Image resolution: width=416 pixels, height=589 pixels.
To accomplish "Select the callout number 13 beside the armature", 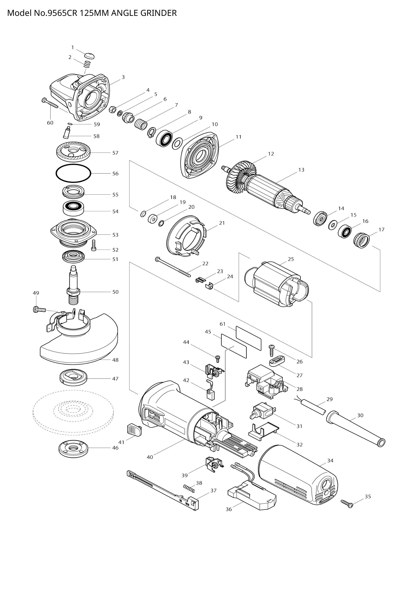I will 301,170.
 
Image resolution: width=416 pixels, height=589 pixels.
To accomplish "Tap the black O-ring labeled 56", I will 73,174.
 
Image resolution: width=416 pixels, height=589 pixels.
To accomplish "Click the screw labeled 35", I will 347,504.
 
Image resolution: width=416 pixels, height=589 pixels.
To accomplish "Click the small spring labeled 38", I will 189,488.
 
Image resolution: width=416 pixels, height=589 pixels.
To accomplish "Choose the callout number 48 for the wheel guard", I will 115,360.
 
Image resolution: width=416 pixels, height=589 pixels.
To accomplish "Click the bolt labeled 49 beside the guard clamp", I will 39,310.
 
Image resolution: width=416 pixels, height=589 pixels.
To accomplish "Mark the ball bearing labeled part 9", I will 164,138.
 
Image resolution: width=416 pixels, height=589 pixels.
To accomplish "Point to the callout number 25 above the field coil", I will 291,259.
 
